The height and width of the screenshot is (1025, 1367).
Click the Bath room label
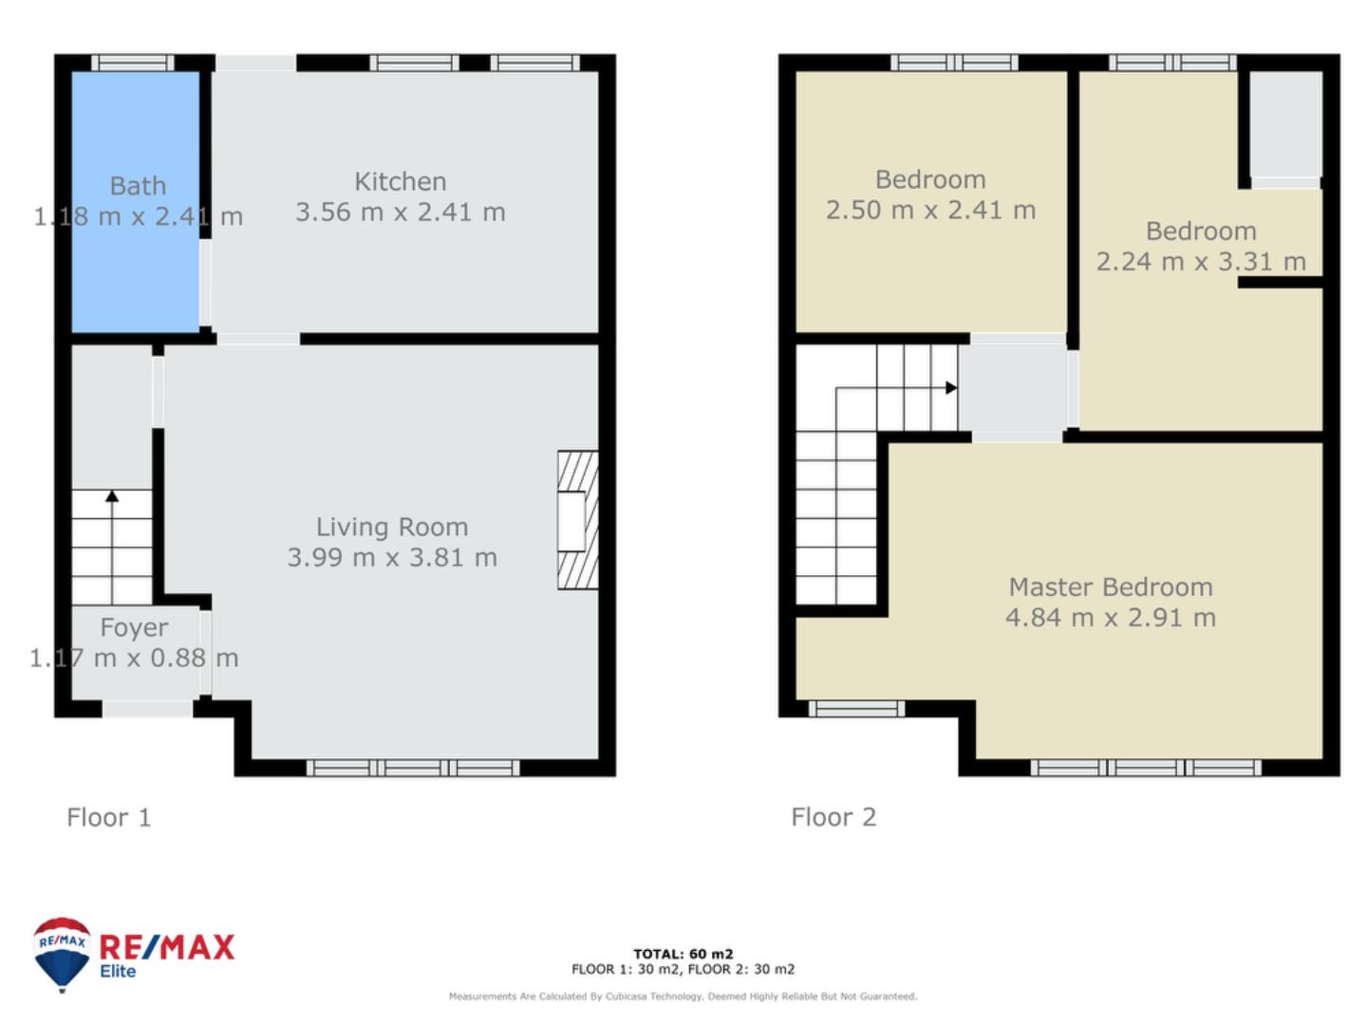coord(138,186)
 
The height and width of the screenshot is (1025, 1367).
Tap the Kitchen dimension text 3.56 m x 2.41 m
coord(400,213)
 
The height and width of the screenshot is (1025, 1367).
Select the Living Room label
coord(392,527)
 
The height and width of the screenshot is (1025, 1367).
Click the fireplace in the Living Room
coord(577,520)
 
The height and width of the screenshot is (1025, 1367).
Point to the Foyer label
coord(134,628)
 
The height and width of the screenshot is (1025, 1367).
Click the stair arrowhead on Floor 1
coord(112,496)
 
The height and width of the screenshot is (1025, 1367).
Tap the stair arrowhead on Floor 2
coord(951,388)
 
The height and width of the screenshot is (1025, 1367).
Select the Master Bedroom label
coord(1111,587)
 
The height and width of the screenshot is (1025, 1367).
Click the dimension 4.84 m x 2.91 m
coord(1111,618)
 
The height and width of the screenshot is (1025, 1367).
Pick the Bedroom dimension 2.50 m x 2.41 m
coord(930,211)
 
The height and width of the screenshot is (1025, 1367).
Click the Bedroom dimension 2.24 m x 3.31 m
coord(1201,262)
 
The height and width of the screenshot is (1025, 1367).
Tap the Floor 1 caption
coord(109,817)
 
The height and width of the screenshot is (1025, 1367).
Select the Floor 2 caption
coord(833,817)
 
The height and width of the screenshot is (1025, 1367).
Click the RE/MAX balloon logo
coord(61,954)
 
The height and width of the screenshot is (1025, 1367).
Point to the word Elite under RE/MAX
coord(118,972)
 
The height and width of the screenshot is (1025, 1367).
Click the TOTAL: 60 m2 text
coord(683,954)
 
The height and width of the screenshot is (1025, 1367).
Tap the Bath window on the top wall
coord(133,63)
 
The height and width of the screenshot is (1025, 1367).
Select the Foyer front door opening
coord(147,709)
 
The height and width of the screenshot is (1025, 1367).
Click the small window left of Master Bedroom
coord(856,709)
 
